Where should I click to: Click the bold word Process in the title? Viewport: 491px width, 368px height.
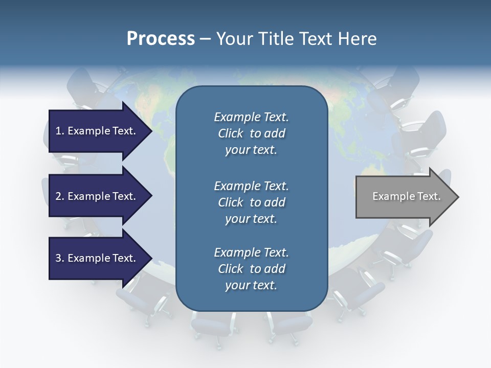[161, 39]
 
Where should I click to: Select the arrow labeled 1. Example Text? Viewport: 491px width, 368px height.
[97, 131]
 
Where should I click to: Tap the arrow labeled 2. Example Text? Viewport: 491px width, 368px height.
[97, 196]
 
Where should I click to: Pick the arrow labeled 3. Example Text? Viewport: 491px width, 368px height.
[97, 258]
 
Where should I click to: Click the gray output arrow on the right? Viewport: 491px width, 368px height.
[404, 197]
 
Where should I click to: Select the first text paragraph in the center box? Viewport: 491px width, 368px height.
[251, 133]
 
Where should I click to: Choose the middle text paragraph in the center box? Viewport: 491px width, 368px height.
[251, 202]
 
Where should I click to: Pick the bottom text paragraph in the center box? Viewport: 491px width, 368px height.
[251, 269]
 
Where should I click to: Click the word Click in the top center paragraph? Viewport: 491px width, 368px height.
[231, 133]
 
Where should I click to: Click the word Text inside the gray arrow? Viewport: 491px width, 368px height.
[429, 196]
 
